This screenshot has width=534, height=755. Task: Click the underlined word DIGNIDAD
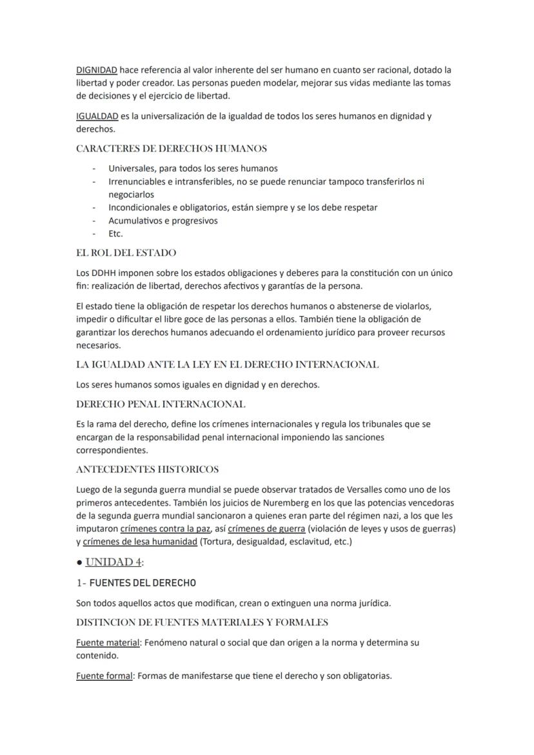click(x=96, y=70)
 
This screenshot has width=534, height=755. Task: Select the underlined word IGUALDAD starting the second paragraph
click(x=97, y=116)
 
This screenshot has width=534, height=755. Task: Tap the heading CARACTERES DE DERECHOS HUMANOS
click(x=171, y=149)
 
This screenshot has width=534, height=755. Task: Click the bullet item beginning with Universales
click(x=193, y=168)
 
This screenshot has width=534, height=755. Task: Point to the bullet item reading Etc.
click(x=115, y=233)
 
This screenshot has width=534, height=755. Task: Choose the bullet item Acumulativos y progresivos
click(x=163, y=221)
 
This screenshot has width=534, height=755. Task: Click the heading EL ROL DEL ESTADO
click(x=126, y=253)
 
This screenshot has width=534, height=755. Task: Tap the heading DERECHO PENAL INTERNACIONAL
click(x=161, y=404)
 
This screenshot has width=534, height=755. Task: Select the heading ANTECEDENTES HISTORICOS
click(x=147, y=469)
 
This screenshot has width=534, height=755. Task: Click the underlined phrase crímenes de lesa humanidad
click(x=140, y=542)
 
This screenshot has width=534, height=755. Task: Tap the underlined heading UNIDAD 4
click(x=114, y=562)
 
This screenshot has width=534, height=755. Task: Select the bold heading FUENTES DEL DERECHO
click(x=143, y=583)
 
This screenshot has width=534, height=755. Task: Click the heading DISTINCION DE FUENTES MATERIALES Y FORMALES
click(x=202, y=623)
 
